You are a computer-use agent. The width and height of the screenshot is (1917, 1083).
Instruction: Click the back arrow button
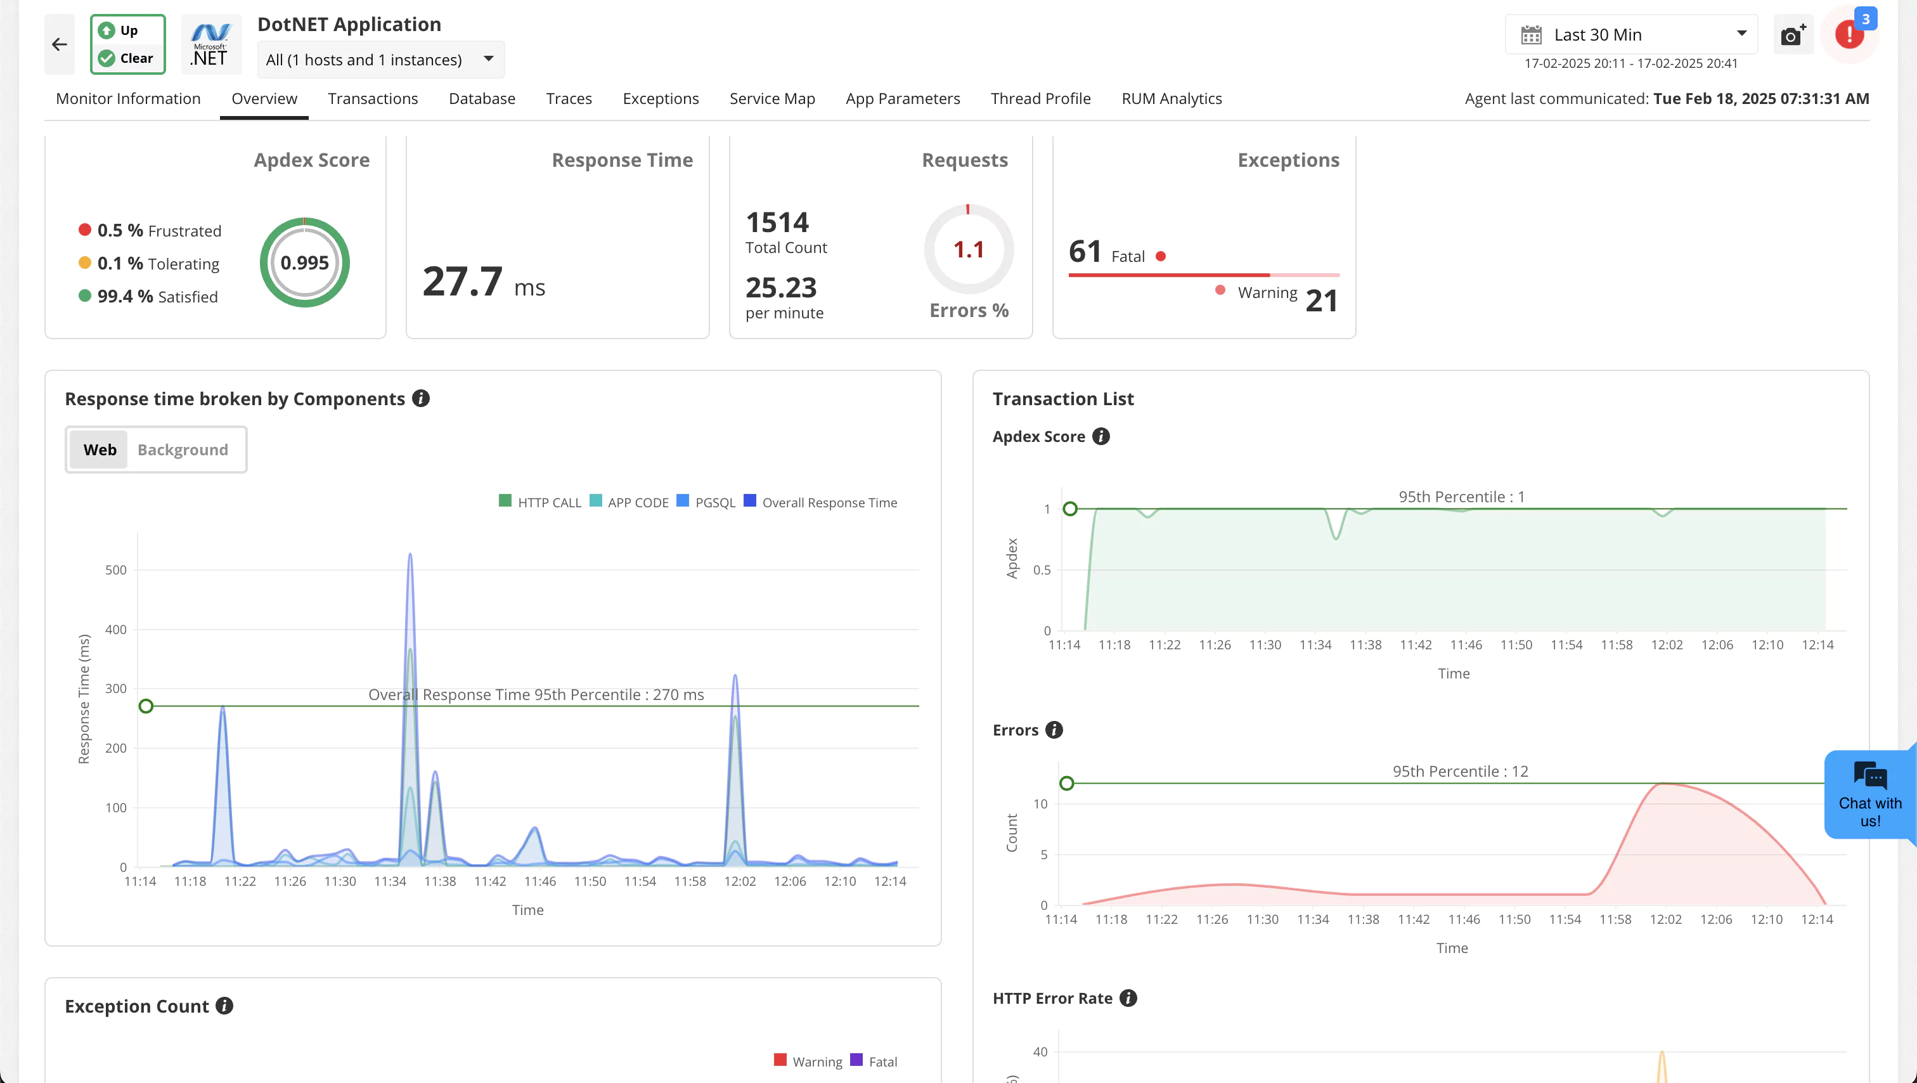coord(60,44)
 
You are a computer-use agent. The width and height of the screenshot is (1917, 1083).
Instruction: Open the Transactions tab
coord(372,99)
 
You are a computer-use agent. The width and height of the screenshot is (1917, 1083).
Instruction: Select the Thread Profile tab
coord(1040,99)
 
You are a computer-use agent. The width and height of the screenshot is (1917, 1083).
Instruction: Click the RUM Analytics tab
coord(1171,99)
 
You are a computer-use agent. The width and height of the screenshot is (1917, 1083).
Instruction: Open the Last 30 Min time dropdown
coord(1630,35)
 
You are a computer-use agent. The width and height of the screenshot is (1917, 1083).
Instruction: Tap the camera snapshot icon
coord(1791,35)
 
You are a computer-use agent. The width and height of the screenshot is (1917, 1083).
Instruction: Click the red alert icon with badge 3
coord(1849,34)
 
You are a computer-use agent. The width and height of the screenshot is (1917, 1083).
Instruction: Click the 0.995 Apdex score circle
coord(304,263)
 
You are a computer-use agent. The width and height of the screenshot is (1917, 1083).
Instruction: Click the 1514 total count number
coord(777,223)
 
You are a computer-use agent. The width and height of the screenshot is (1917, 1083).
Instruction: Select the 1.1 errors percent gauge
coord(968,249)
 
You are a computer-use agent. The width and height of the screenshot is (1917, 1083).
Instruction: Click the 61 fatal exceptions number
coord(1084,252)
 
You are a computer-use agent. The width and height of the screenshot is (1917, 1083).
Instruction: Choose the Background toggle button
coord(183,450)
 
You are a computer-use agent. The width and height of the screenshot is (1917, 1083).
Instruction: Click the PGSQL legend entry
coord(706,502)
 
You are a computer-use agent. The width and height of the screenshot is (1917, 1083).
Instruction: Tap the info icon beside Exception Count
coord(224,1006)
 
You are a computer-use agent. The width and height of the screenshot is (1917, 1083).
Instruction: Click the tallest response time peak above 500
coord(410,556)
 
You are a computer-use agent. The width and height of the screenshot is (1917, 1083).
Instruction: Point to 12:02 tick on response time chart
coord(739,881)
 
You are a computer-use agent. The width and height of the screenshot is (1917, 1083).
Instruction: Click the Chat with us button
coord(1869,795)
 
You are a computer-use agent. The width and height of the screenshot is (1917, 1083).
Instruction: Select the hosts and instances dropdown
coord(380,60)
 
